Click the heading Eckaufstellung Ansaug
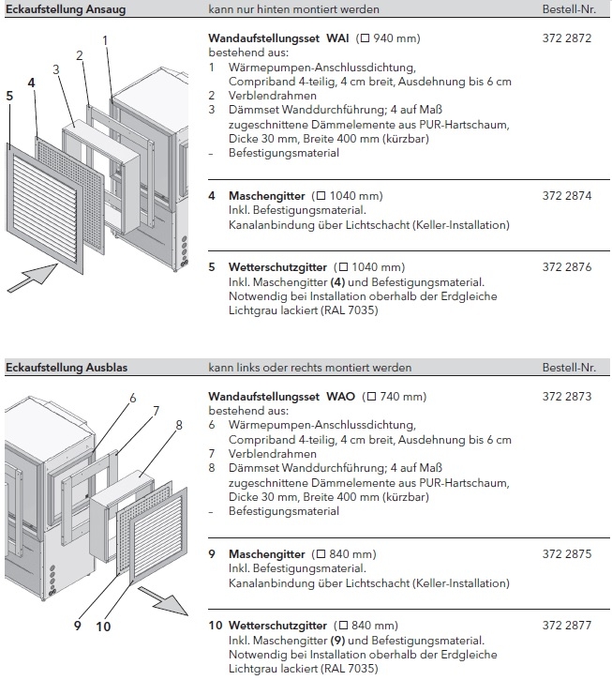[x=65, y=9]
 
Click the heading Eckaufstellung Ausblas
[x=66, y=368]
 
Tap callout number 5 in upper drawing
[x=9, y=96]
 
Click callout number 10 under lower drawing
[x=102, y=626]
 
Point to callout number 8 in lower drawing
[x=178, y=424]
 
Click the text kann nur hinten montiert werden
[x=280, y=9]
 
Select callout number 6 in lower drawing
[x=132, y=398]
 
